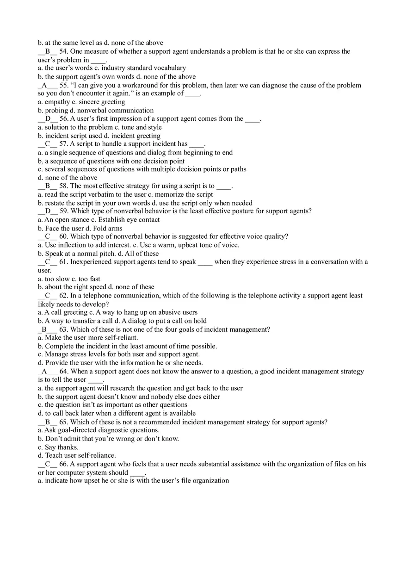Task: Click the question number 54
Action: pyautogui.click(x=63, y=51)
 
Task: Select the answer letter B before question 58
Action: pyautogui.click(x=47, y=186)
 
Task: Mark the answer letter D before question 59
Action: pyautogui.click(x=48, y=211)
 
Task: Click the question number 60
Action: pyautogui.click(x=63, y=236)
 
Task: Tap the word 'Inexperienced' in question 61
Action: pyautogui.click(x=91, y=262)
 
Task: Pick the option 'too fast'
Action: pyautogui.click(x=89, y=279)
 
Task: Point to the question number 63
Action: pyautogui.click(x=63, y=329)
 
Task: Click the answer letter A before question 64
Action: pyautogui.click(x=44, y=372)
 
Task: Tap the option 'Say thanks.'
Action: pyautogui.click(x=62, y=447)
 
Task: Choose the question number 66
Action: pyautogui.click(x=63, y=464)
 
